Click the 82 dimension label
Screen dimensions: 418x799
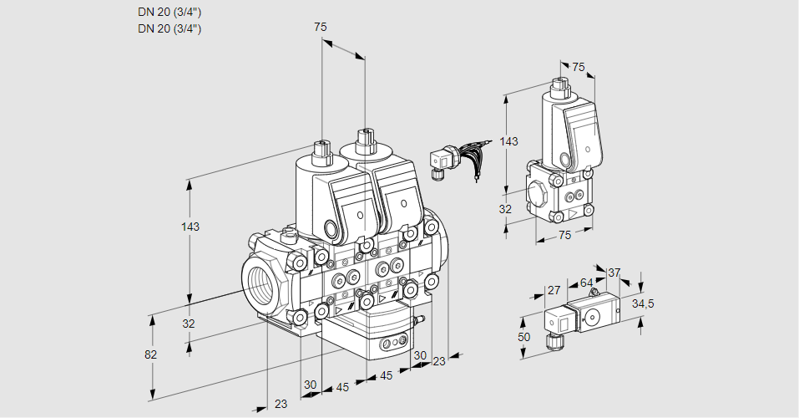150,354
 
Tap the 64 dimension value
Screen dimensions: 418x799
586,283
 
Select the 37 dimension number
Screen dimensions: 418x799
614,273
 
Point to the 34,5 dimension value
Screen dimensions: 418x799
643,303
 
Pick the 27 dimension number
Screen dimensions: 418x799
553,290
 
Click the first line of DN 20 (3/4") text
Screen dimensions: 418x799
169,12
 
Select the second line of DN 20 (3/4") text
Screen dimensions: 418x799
169,28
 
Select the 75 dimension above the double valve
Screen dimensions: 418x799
321,27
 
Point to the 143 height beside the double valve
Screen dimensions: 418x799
191,227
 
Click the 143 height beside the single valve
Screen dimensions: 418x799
508,141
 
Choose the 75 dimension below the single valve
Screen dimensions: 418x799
564,236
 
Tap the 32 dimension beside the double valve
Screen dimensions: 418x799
189,324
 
